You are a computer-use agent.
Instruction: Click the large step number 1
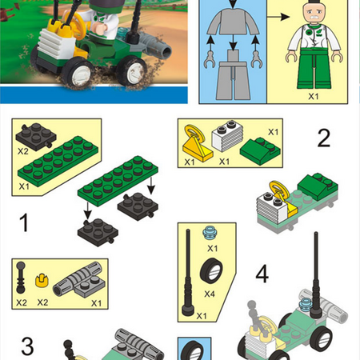tap(24, 222)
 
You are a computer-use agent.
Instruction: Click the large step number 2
tap(324, 138)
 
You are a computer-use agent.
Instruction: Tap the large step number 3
tap(27, 346)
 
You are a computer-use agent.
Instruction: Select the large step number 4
tap(262, 274)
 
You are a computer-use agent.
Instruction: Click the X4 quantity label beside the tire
tap(210, 294)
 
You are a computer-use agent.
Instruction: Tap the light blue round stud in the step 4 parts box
tap(210, 233)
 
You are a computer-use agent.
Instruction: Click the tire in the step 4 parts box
tap(211, 270)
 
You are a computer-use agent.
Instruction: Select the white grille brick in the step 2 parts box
tap(227, 136)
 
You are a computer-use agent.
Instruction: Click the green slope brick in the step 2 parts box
tap(260, 151)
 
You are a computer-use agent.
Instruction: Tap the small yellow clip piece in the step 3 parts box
tap(42, 281)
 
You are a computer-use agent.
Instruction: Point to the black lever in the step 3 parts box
tap(21, 278)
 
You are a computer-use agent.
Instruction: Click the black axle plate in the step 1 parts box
tap(36, 137)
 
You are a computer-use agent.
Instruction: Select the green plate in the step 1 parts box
tap(58, 161)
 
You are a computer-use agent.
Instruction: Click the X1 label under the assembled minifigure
tap(314, 96)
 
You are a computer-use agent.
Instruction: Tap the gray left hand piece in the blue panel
tap(210, 60)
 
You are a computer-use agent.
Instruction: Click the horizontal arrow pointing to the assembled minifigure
tap(278, 17)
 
